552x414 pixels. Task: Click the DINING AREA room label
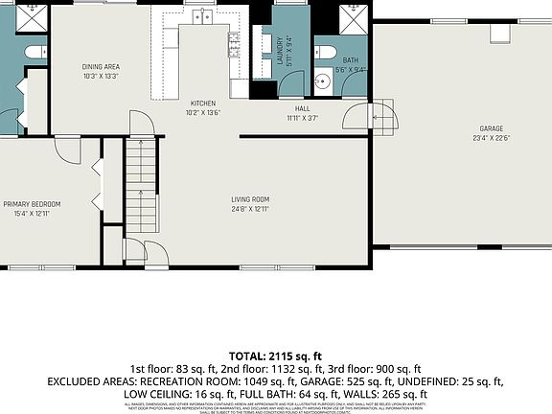pyautogui.click(x=101, y=66)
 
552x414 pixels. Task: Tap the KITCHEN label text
pyautogui.click(x=202, y=103)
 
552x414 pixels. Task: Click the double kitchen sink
pyautogui.click(x=202, y=17)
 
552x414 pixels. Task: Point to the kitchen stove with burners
pyautogui.click(x=233, y=40)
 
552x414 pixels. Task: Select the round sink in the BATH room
pyautogui.click(x=322, y=81)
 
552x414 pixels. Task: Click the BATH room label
pyautogui.click(x=352, y=60)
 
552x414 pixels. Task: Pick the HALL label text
pyautogui.click(x=302, y=108)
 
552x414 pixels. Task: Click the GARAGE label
pyautogui.click(x=492, y=128)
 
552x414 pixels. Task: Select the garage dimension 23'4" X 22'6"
pyautogui.click(x=492, y=138)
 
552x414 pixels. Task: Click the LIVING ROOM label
pyautogui.click(x=249, y=199)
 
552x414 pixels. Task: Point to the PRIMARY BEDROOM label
pyautogui.click(x=32, y=204)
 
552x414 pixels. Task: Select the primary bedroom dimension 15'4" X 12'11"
pyautogui.click(x=32, y=214)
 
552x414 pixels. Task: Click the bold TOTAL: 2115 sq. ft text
pyautogui.click(x=275, y=355)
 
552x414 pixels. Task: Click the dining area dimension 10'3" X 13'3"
pyautogui.click(x=101, y=76)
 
